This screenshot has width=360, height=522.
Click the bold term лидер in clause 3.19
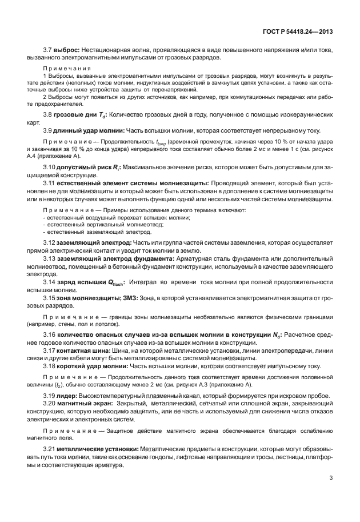click(66, 396)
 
